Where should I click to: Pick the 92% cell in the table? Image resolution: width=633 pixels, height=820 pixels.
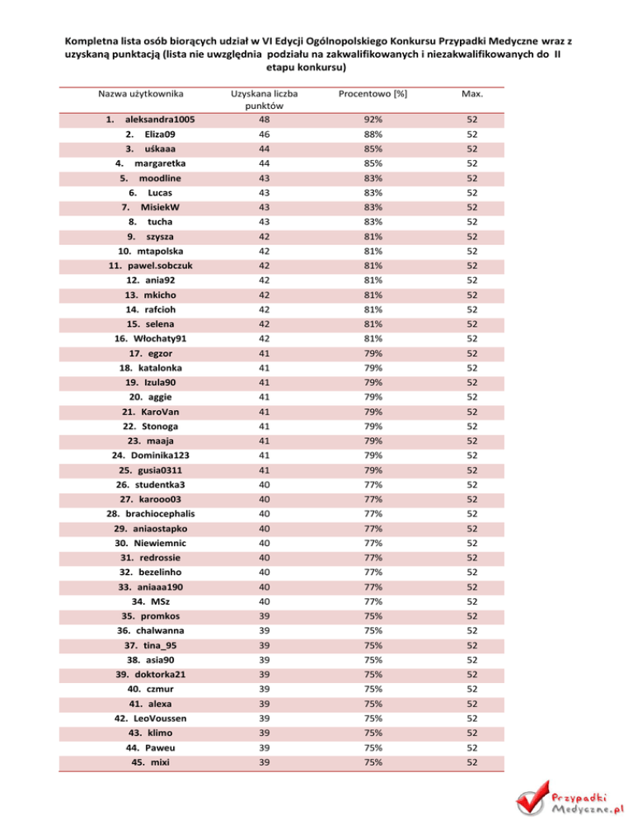pos(377,119)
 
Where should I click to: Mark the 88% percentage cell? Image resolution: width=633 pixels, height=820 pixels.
pos(377,134)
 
